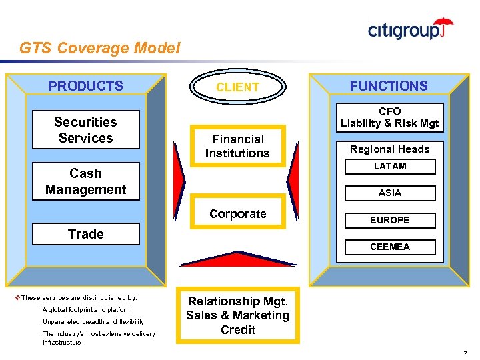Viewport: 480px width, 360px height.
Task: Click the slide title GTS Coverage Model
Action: click(x=99, y=48)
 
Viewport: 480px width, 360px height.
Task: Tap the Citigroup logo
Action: click(x=410, y=29)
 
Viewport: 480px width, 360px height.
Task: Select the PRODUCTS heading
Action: click(x=85, y=86)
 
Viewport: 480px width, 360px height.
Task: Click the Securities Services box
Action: click(x=85, y=130)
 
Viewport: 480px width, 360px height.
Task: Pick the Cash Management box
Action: click(x=85, y=181)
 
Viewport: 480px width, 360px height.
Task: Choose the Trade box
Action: click(x=85, y=234)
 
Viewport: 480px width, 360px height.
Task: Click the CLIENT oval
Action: click(x=237, y=87)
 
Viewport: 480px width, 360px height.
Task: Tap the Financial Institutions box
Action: click(x=237, y=146)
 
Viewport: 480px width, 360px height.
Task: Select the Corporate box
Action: click(x=237, y=214)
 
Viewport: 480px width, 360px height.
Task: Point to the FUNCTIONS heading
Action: click(x=389, y=86)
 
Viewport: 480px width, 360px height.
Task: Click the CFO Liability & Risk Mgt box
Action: click(x=389, y=117)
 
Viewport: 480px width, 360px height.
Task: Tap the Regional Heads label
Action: click(x=389, y=149)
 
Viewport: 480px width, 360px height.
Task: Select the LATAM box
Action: click(x=389, y=166)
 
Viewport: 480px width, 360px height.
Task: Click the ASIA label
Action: click(x=389, y=193)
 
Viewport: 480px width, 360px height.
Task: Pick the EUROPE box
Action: click(x=389, y=220)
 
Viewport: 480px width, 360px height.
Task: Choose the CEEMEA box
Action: click(x=389, y=247)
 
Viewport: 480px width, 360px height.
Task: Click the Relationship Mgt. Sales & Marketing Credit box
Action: click(x=237, y=315)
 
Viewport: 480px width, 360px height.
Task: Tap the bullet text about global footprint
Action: click(x=87, y=310)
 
